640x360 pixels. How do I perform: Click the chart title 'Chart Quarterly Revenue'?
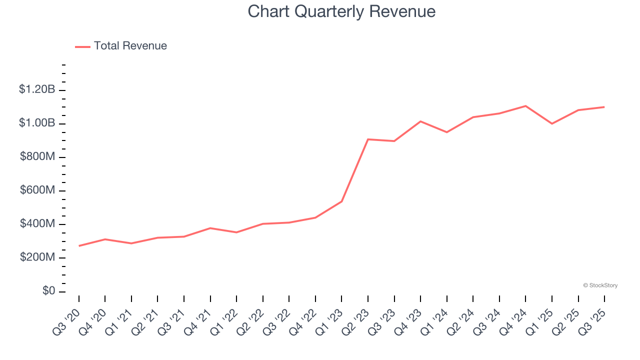(341, 11)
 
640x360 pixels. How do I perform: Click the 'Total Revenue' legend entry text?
(130, 46)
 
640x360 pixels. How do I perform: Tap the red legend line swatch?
(82, 46)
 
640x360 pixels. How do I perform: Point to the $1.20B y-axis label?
(36, 90)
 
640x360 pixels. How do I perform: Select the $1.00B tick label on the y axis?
(36, 123)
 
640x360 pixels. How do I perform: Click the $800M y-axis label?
(37, 157)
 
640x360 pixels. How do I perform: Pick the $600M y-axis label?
(37, 190)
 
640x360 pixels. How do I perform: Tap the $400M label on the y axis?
(37, 224)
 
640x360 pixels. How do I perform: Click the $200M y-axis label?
(37, 257)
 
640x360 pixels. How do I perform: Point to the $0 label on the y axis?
(48, 291)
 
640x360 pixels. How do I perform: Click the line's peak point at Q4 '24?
(525, 106)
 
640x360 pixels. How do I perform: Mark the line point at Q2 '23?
(368, 139)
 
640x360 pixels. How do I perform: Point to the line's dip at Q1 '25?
(552, 123)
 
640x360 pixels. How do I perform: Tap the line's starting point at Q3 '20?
(79, 246)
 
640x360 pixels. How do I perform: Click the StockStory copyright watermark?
(600, 285)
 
